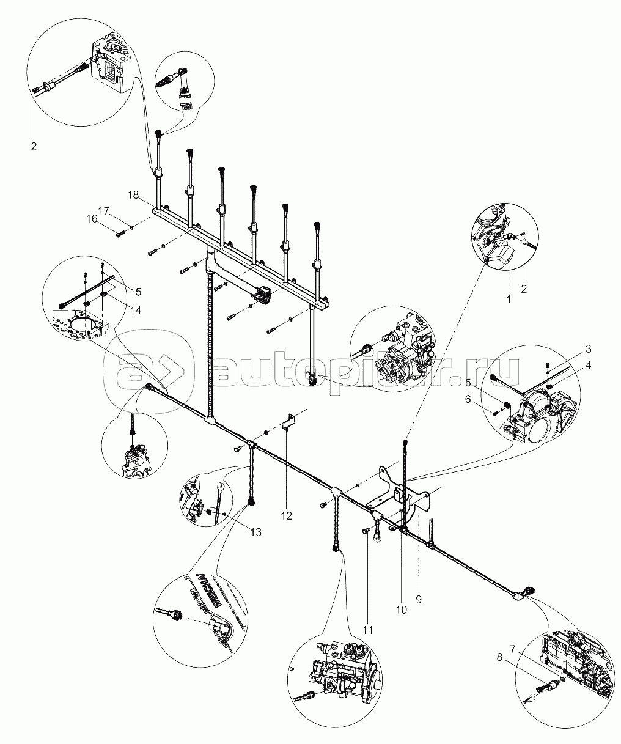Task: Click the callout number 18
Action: point(133,194)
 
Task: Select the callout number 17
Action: point(104,211)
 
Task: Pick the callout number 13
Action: point(255,532)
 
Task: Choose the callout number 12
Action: point(287,516)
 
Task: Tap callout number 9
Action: point(419,600)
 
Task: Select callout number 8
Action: point(500,658)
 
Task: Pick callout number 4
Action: point(587,366)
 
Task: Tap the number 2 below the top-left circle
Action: point(34,147)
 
